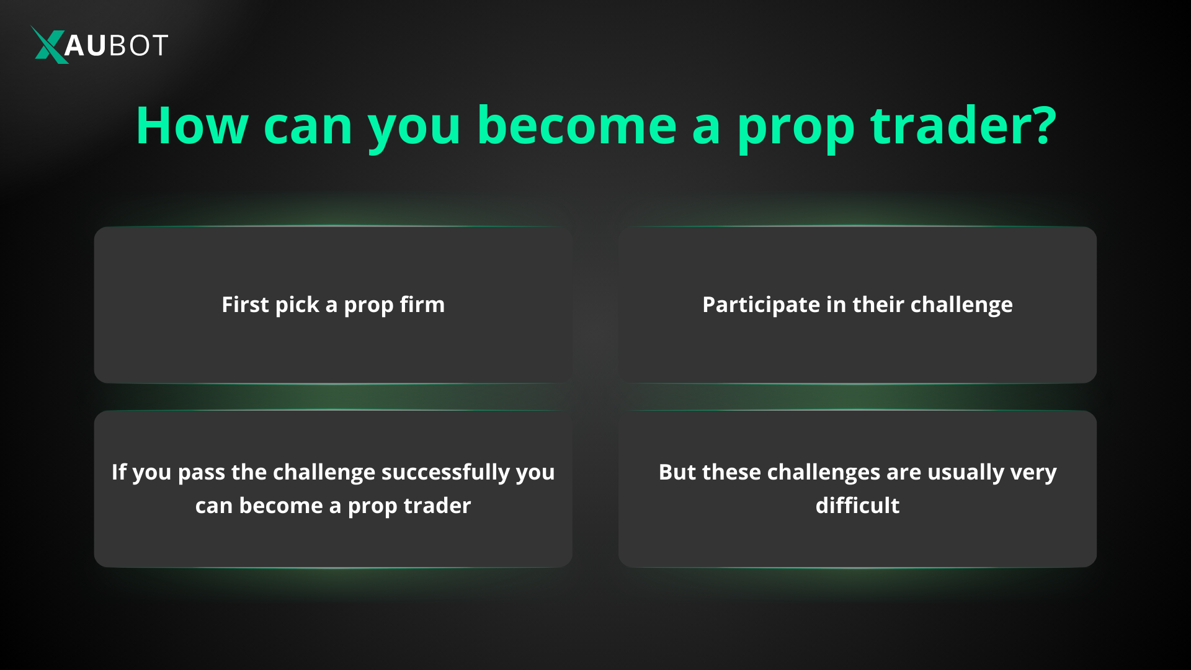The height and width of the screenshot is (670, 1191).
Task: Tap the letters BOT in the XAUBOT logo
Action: click(138, 45)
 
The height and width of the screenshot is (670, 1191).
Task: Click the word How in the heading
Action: click(192, 126)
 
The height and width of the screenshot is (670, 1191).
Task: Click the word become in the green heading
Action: click(576, 126)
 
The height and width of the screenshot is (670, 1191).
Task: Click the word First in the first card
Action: click(245, 305)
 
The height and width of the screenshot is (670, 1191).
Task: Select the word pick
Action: click(297, 305)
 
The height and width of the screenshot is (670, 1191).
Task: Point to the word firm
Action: click(422, 305)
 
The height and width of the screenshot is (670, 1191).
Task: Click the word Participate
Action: click(761, 305)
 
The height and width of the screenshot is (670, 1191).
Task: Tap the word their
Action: click(878, 305)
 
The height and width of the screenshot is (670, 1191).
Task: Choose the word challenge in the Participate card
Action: click(961, 305)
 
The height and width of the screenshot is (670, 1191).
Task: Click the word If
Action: click(118, 472)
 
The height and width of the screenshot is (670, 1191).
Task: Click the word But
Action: click(677, 472)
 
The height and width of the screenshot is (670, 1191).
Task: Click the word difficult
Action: click(857, 506)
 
